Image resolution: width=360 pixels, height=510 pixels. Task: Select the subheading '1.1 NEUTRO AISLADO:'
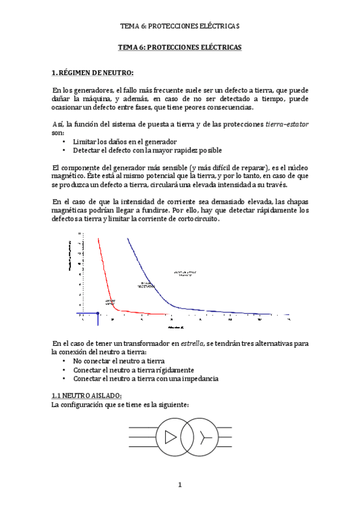(87, 395)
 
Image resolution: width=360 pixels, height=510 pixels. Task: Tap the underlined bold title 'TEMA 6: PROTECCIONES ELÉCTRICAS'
(180, 46)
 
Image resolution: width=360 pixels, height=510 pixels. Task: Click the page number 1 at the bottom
(180, 485)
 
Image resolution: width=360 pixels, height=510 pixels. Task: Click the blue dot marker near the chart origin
(97, 313)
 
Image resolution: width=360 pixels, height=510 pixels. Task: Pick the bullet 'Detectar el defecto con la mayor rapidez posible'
(147, 150)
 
